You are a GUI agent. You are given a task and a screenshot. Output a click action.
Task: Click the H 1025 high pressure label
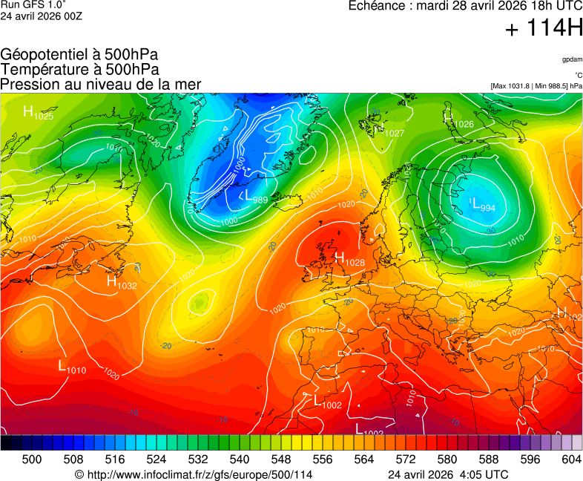pyautogui.click(x=38, y=113)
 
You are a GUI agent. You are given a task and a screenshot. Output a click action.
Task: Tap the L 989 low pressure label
pyautogui.click(x=253, y=197)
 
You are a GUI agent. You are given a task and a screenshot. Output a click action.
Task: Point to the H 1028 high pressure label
pyautogui.click(x=349, y=259)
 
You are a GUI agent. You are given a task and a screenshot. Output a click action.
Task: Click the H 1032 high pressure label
pyautogui.click(x=122, y=282)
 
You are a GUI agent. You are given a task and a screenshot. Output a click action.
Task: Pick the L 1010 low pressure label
pyautogui.click(x=72, y=367)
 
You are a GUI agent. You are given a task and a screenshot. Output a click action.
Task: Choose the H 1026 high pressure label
pyautogui.click(x=458, y=120)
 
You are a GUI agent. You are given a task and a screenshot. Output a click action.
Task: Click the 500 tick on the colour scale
pyautogui.click(x=31, y=459)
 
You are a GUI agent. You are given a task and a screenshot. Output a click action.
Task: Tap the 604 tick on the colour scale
pyautogui.click(x=571, y=459)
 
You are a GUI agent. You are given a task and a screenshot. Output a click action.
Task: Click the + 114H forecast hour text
pyautogui.click(x=544, y=30)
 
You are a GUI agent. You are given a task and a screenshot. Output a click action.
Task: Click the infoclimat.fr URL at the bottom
pyautogui.click(x=194, y=474)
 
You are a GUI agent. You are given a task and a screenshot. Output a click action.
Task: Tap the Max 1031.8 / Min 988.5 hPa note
pyautogui.click(x=536, y=86)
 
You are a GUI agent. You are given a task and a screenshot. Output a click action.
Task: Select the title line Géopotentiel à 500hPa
pyautogui.click(x=79, y=55)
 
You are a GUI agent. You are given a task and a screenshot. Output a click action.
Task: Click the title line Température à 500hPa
pyautogui.click(x=80, y=70)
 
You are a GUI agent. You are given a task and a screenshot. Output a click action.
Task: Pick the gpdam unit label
pyautogui.click(x=571, y=59)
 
